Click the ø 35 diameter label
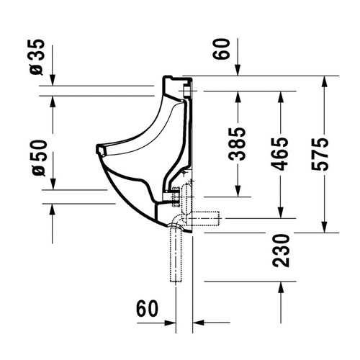coord(37,57)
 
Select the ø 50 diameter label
coord(39,158)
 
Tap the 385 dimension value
coord(237,144)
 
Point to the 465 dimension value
coord(279,154)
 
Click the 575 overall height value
coord(320,154)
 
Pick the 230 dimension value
coord(281,251)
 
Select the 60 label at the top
coord(221,49)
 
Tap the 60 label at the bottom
coord(148,309)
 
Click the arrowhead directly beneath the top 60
coord(238,70)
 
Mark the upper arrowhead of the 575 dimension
coord(325,81)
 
